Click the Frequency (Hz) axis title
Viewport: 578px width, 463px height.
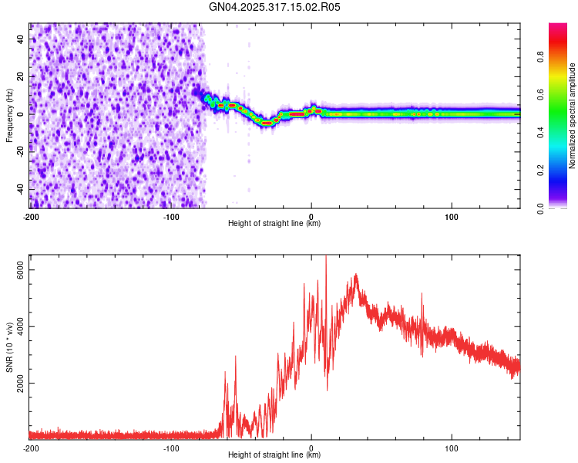point(9,116)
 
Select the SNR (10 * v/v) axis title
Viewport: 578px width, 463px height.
point(9,347)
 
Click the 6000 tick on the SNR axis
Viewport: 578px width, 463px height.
point(21,269)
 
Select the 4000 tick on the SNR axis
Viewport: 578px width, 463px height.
point(21,326)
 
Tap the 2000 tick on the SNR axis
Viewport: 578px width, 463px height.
point(21,383)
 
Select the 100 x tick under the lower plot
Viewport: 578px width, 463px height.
point(452,448)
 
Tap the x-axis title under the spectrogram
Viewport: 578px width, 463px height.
point(274,224)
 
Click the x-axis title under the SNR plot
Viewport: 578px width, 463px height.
point(274,455)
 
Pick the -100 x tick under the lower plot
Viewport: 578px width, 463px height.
point(171,448)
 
